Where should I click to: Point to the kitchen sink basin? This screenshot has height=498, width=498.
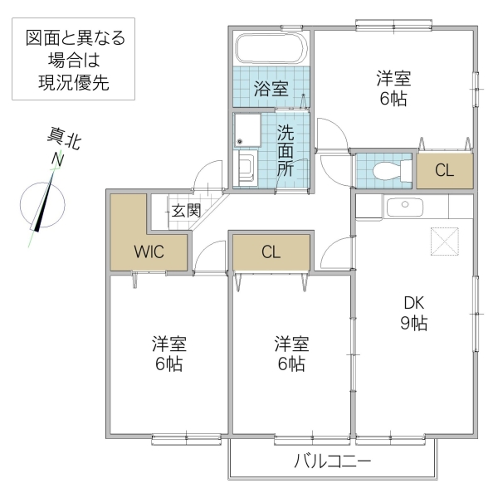pos(404,205)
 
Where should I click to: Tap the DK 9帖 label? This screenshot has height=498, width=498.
pos(413,313)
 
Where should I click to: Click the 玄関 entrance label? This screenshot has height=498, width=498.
pos(187,210)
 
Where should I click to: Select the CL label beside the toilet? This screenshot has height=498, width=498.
pos(444,172)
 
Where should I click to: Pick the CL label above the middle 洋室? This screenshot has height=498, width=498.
pos(271,253)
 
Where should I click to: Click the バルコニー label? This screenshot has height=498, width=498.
pos(332,462)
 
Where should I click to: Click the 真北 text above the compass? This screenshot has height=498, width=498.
pos(63,139)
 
